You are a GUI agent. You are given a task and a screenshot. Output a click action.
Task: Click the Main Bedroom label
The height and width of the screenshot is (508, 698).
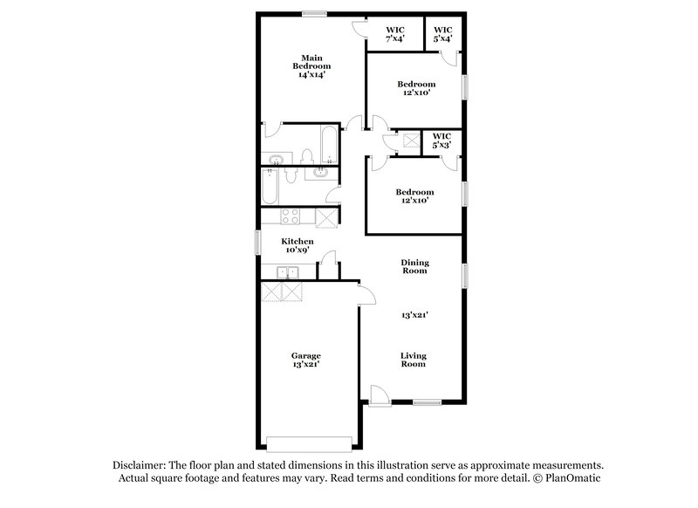click(x=311, y=66)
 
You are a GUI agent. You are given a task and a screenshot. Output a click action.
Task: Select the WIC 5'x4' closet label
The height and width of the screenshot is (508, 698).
click(x=441, y=34)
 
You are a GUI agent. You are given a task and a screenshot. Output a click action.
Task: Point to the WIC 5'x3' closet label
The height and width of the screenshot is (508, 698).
click(x=441, y=141)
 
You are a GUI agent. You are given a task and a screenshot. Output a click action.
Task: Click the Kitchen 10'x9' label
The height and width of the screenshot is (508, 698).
click(x=297, y=245)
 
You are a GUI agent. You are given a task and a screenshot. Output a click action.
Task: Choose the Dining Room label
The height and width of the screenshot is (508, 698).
click(x=414, y=266)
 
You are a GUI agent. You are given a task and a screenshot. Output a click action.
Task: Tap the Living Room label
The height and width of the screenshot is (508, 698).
click(x=413, y=359)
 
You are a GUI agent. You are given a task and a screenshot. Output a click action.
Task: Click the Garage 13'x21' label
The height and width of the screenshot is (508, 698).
click(x=305, y=360)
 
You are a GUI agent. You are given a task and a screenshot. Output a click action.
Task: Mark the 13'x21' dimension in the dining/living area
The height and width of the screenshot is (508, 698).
click(x=414, y=314)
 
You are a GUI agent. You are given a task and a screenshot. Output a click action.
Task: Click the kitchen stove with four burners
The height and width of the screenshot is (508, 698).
click(x=290, y=217)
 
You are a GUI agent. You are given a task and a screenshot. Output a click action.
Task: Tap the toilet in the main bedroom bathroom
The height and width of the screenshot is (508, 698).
click(x=305, y=156)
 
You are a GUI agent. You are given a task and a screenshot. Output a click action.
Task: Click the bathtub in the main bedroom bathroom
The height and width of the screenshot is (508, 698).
click(x=326, y=146)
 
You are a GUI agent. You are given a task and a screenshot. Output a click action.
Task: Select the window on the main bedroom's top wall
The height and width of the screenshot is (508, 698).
click(x=314, y=12)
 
